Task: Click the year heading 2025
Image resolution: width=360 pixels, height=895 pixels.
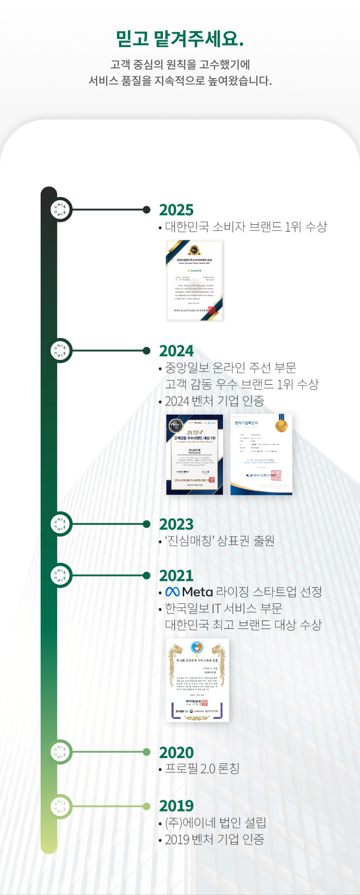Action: click(x=176, y=210)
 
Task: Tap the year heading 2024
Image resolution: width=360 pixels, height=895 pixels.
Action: click(x=176, y=351)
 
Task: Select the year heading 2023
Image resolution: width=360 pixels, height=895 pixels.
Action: click(x=176, y=525)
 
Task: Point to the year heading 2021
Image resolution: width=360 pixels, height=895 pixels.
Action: click(x=176, y=576)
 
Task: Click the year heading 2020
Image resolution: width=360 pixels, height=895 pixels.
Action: click(x=176, y=752)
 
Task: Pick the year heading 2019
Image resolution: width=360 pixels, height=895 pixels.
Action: click(x=176, y=806)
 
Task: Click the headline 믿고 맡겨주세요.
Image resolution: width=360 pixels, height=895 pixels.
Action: click(x=180, y=39)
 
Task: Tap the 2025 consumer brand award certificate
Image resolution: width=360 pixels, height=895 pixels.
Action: click(x=194, y=280)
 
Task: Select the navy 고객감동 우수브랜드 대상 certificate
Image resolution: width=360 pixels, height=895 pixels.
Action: click(x=194, y=454)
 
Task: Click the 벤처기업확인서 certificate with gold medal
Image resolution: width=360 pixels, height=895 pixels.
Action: click(x=261, y=454)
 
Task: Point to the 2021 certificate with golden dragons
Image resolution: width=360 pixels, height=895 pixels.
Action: click(x=197, y=680)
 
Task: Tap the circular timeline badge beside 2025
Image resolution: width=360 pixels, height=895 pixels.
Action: click(x=60, y=210)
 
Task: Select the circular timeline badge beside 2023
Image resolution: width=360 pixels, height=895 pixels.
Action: click(x=60, y=524)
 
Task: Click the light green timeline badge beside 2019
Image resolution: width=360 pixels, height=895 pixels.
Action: click(x=60, y=806)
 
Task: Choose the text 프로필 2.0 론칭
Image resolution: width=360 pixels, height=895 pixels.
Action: click(x=202, y=769)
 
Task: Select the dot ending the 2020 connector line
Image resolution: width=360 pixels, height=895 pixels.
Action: click(x=147, y=752)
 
